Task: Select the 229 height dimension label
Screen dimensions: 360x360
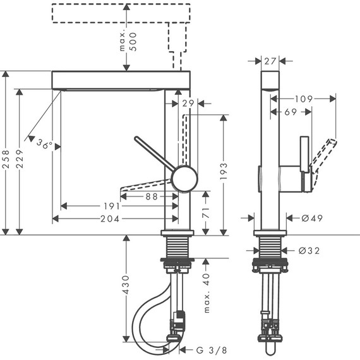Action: [21, 162]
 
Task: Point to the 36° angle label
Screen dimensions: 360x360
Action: [44, 145]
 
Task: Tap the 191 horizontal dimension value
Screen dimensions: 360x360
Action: [111, 206]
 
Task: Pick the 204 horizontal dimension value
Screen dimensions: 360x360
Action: [111, 219]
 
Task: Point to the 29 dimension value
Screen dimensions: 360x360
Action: [187, 102]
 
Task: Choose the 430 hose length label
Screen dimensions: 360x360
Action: [126, 286]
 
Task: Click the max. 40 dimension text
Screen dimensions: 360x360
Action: [206, 292]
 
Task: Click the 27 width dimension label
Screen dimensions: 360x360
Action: [270, 61]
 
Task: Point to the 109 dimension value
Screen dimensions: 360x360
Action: [304, 99]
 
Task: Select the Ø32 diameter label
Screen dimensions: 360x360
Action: [309, 250]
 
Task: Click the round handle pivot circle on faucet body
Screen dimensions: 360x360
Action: [184, 178]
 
